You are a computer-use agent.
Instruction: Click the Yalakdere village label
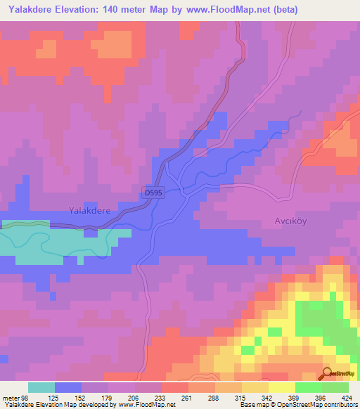coord(91,210)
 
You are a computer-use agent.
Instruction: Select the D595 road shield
coord(155,193)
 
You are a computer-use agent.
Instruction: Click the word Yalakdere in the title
coord(32,10)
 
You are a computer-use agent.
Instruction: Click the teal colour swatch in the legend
coord(41,388)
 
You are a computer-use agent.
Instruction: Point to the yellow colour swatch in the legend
coord(282,388)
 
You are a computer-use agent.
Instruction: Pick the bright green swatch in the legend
coord(309,388)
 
